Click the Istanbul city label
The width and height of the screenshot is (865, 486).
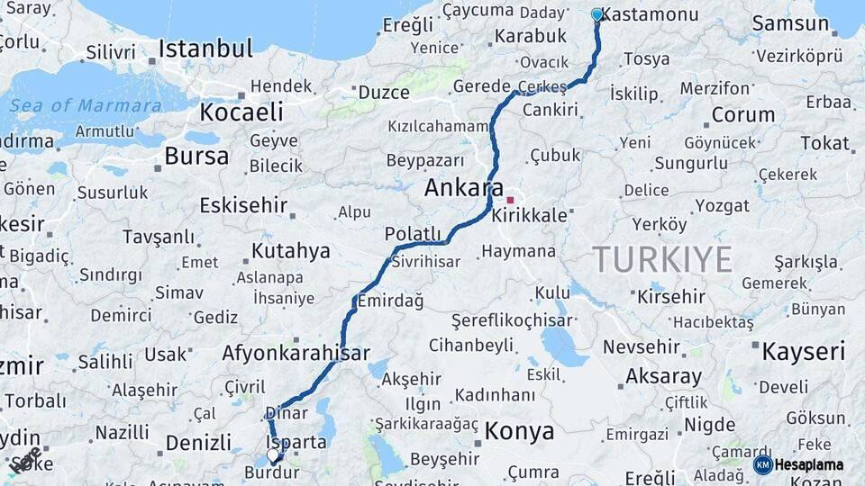[x=205, y=48]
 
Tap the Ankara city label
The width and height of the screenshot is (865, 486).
[x=464, y=189]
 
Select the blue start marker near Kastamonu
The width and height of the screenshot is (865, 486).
[x=596, y=14]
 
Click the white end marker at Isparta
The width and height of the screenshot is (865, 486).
[x=274, y=455]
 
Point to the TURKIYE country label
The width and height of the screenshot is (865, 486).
[x=662, y=260]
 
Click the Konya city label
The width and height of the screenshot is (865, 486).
[x=519, y=431]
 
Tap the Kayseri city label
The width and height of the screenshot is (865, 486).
[x=804, y=350]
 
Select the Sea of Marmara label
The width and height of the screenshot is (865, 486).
[x=86, y=105]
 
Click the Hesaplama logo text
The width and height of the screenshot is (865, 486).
[x=809, y=464]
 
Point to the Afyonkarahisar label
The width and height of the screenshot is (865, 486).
[x=296, y=353]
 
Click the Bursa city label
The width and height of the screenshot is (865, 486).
[x=196, y=156]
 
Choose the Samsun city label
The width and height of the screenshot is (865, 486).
[x=790, y=23]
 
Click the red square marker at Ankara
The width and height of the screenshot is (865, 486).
[x=510, y=200]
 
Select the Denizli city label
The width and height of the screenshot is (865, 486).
[x=198, y=443]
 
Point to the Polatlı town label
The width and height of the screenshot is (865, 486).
[x=414, y=234]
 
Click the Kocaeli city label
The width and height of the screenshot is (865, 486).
[x=241, y=112]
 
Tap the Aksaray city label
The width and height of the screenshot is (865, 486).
[x=663, y=376]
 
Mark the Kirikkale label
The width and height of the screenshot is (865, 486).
[x=531, y=216]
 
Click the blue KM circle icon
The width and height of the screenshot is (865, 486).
[x=762, y=464]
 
